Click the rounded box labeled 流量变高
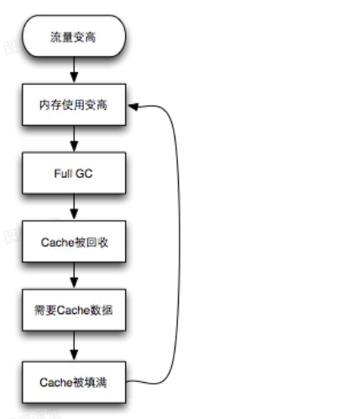74,36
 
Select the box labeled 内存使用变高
74,105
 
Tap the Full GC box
74,173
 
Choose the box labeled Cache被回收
74,242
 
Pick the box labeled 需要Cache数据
74,310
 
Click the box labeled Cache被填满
74,382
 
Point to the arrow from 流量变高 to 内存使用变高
74,70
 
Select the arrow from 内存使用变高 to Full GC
74,139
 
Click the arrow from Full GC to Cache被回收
74,207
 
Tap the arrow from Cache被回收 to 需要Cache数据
74,275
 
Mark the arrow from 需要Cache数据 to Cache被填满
74,346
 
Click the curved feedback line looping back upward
180,244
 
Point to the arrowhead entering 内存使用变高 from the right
133,107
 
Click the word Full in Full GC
62,174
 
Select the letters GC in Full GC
84,174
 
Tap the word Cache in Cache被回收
58,243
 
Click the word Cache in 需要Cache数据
73,310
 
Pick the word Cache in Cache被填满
56,383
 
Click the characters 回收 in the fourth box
97,243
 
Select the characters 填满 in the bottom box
96,383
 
